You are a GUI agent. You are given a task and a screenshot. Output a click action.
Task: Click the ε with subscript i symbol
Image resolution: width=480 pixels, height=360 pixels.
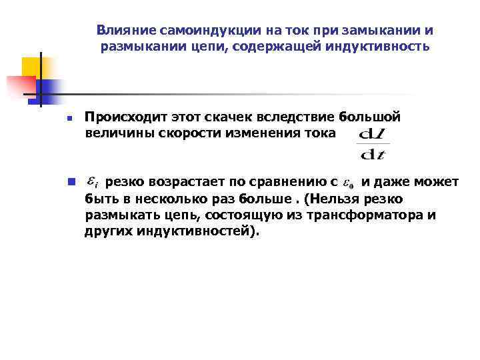pos(94,182)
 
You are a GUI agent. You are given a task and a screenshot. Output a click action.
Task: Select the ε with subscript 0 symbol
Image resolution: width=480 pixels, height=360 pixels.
pos(347,183)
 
